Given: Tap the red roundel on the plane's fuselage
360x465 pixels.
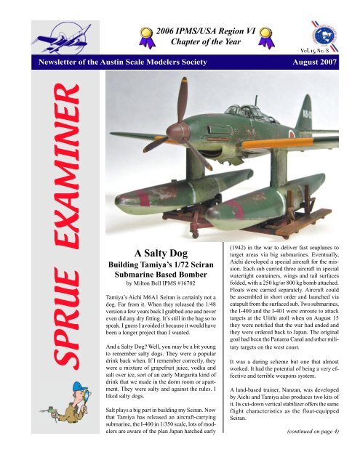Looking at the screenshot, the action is (289, 133).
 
